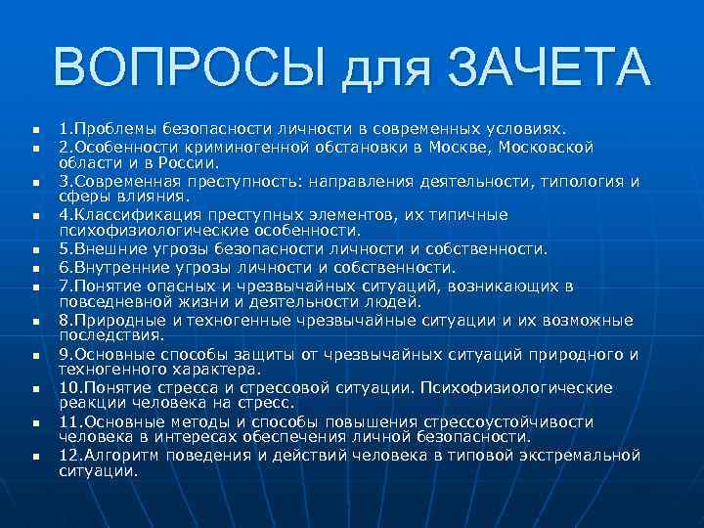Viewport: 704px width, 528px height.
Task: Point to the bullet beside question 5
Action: pyautogui.click(x=33, y=248)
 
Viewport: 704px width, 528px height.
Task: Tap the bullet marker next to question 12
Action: pyautogui.click(x=33, y=457)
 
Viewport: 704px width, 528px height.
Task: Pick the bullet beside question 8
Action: pyautogui.click(x=33, y=320)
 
